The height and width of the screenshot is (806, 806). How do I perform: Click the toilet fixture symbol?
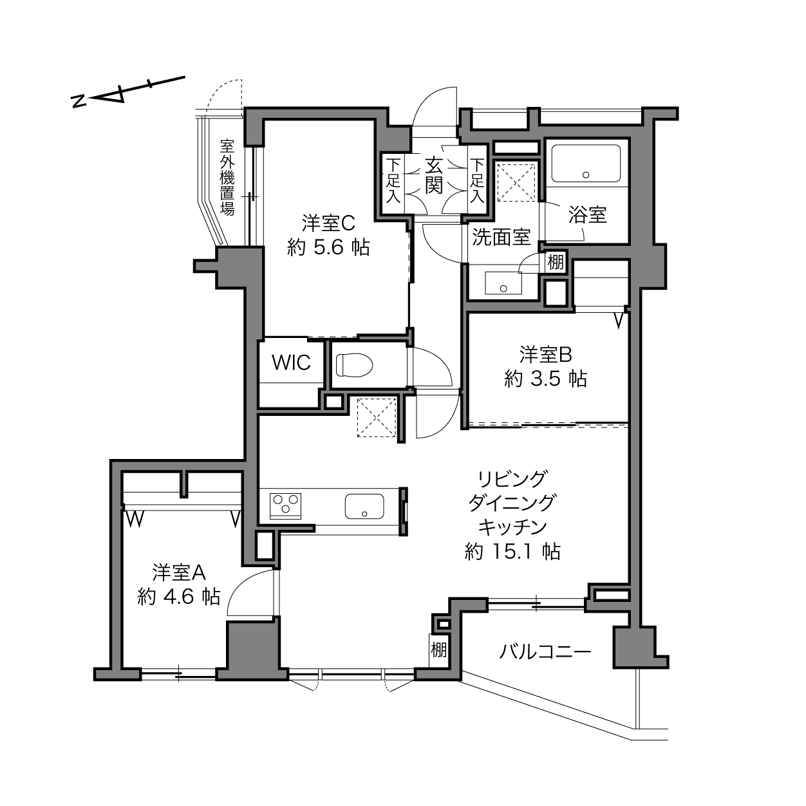point(354,365)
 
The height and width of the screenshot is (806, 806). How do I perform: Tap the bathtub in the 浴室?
point(586,163)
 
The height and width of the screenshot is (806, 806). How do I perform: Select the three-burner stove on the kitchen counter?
point(286,506)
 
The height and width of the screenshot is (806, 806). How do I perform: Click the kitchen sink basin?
point(364,506)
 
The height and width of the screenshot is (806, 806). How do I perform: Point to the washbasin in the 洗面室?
point(503,283)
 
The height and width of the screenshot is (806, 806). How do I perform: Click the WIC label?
point(292,362)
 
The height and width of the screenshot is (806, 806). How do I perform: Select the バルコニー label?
point(545,651)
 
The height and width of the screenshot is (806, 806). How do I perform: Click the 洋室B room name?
point(545,355)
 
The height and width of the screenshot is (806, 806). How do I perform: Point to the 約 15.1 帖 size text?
point(512,552)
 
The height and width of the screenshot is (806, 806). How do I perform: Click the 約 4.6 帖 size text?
point(179,597)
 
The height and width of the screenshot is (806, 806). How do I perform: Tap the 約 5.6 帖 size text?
point(328,248)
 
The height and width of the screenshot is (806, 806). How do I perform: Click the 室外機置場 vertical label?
point(227,177)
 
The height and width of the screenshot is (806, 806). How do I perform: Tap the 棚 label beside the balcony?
point(438,650)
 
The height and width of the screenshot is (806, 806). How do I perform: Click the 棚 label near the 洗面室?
point(556,262)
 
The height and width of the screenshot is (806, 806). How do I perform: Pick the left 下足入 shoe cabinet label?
point(393,180)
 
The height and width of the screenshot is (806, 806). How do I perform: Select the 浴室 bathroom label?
point(587,214)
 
